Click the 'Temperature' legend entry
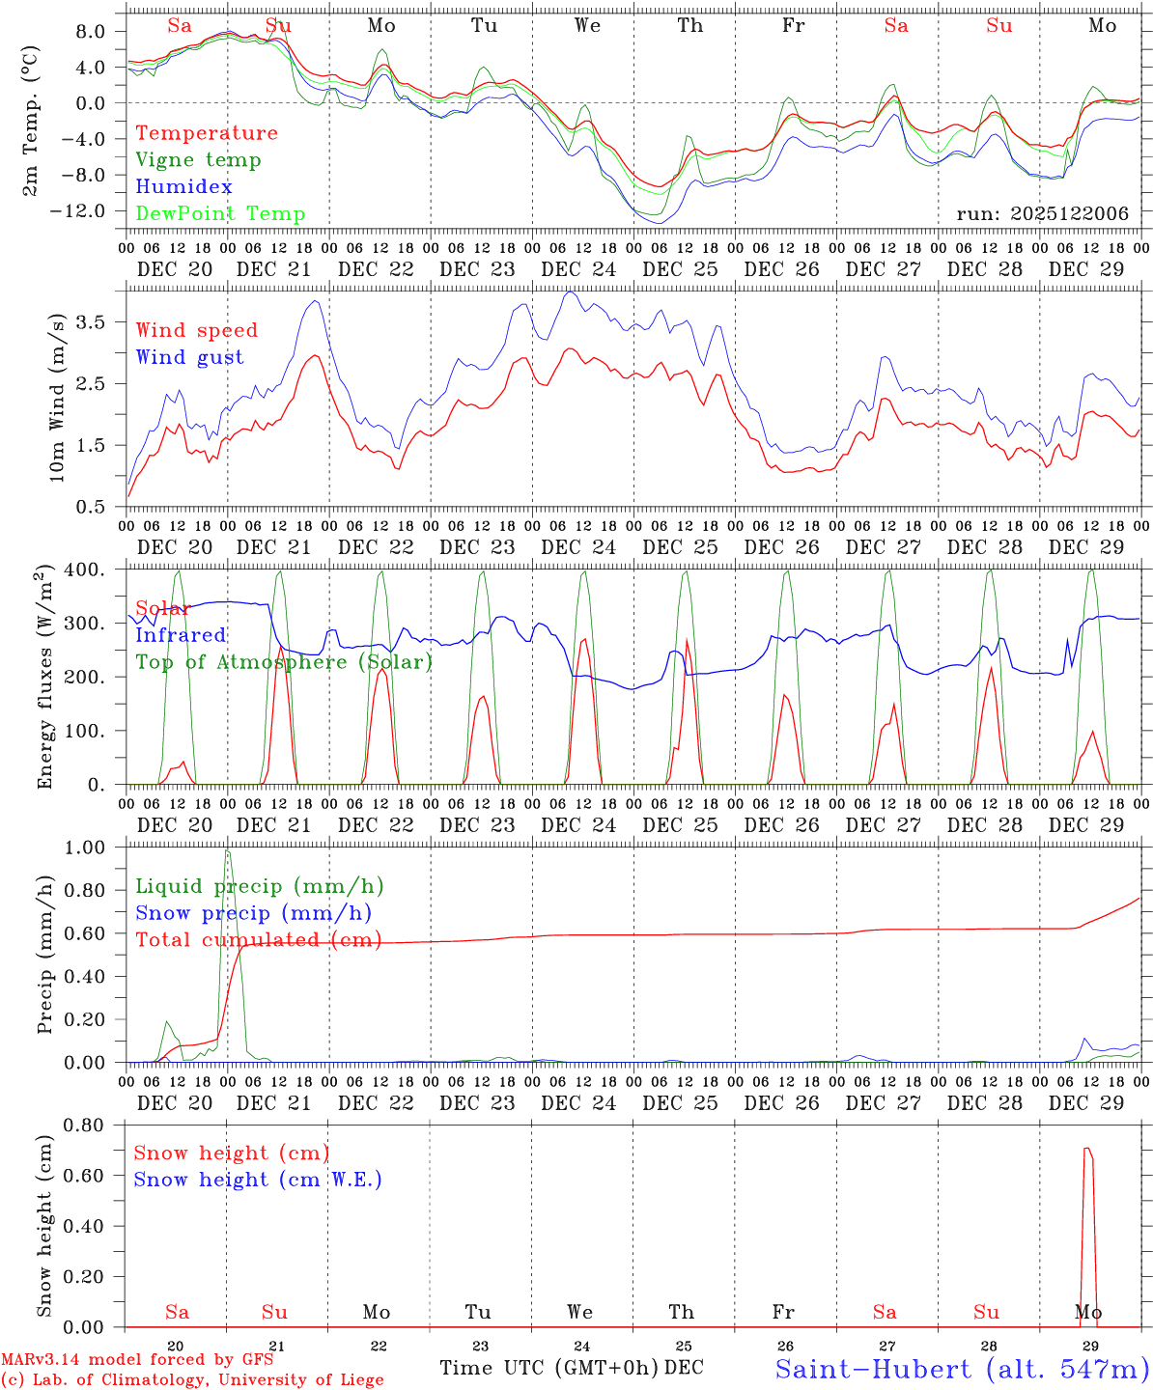206,133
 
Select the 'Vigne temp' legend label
198,160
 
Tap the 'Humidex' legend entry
183,187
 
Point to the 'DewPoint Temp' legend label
220,214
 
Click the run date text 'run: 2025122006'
1042,214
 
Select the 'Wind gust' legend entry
189,357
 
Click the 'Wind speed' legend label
196,330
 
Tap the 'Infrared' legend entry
181,635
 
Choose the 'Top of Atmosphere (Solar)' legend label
284,662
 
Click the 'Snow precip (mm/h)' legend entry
253,913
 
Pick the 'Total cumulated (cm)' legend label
259,940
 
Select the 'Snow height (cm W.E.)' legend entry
258,1180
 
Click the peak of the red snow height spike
1087,1149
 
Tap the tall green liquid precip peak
228,851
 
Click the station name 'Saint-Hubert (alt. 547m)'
962,1369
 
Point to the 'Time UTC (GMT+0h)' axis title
549,1368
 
